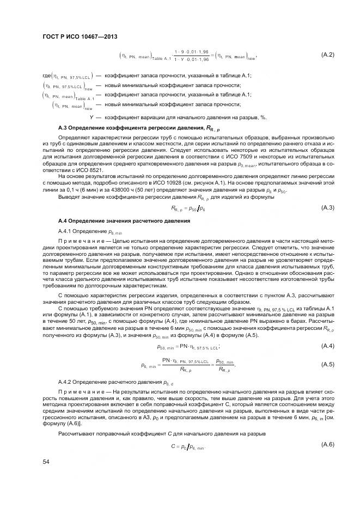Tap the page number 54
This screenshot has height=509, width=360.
[x=46, y=462]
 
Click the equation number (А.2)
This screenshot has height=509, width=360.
[x=327, y=54]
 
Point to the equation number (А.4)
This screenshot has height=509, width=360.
[x=327, y=346]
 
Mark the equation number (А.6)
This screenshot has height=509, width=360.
[x=327, y=444]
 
